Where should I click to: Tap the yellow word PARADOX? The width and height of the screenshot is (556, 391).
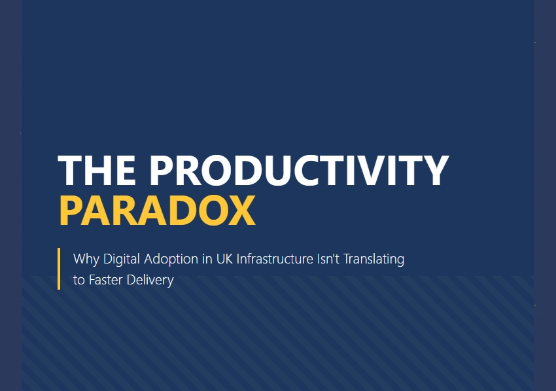pos(157,210)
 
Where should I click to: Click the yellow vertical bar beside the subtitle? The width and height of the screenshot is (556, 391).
pos(59,268)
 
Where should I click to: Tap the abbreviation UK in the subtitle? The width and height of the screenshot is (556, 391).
pos(224,259)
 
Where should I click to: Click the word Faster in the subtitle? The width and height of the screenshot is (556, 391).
pos(107,280)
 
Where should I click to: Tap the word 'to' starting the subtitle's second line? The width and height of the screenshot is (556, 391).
pos(79,280)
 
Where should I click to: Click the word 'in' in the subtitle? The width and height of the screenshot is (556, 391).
pos(206,259)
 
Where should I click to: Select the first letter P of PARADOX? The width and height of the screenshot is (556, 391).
pos(72,210)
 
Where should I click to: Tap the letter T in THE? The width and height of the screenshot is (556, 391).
pos(71,171)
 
